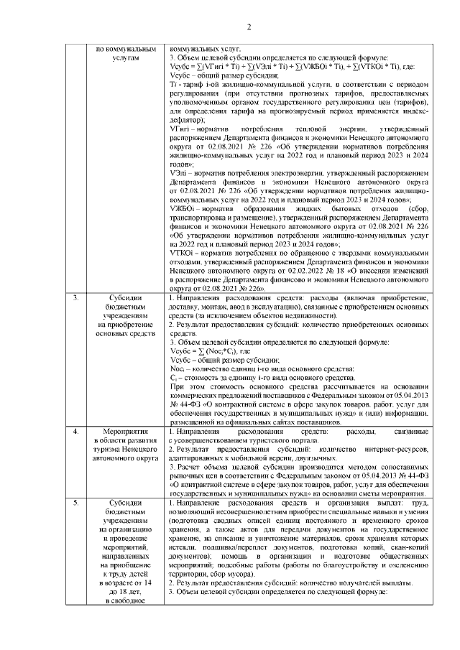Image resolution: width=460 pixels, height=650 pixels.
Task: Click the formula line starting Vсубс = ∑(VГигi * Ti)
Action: [x=287, y=65]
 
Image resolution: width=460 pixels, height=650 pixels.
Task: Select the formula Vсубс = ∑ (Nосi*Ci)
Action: [x=209, y=351]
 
